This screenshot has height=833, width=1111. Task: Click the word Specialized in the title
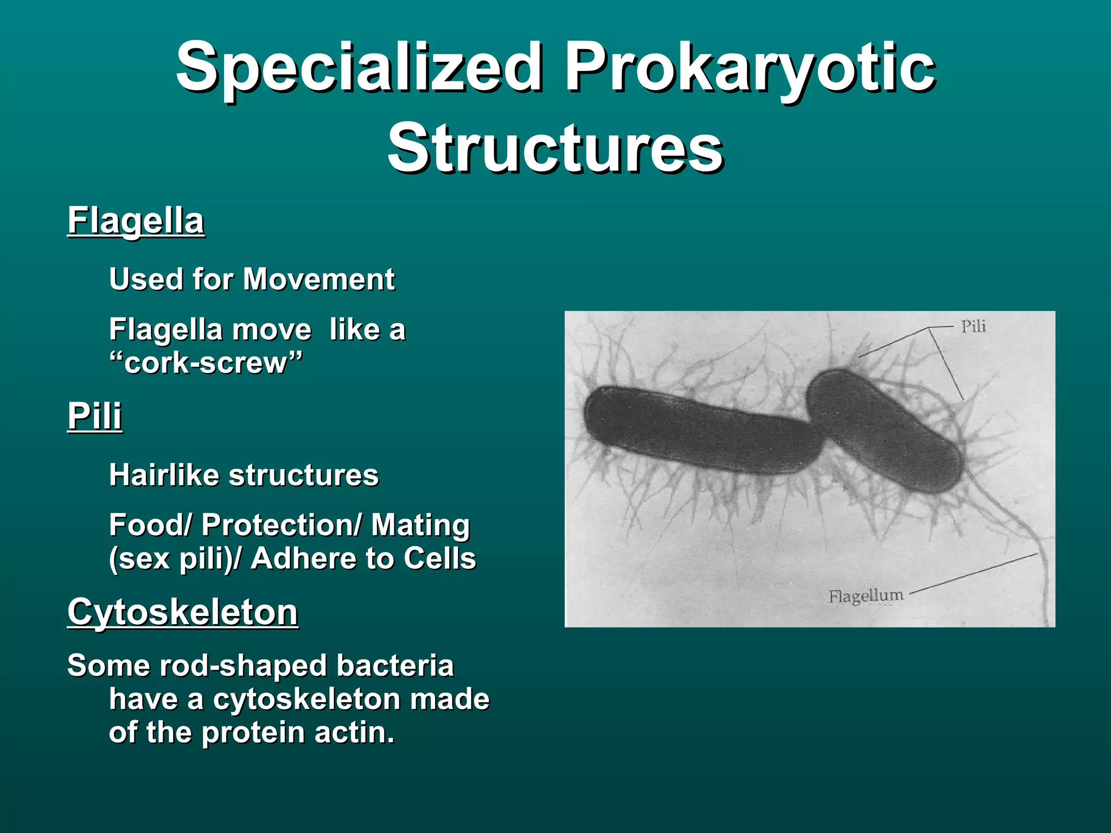click(x=358, y=68)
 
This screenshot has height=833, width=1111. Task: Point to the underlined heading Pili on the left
click(x=94, y=416)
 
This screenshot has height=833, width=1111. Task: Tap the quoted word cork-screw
click(x=205, y=362)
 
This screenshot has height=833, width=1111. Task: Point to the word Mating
click(x=420, y=525)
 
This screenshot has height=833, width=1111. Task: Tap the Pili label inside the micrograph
click(x=973, y=326)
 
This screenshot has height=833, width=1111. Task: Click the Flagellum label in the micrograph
click(x=866, y=595)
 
